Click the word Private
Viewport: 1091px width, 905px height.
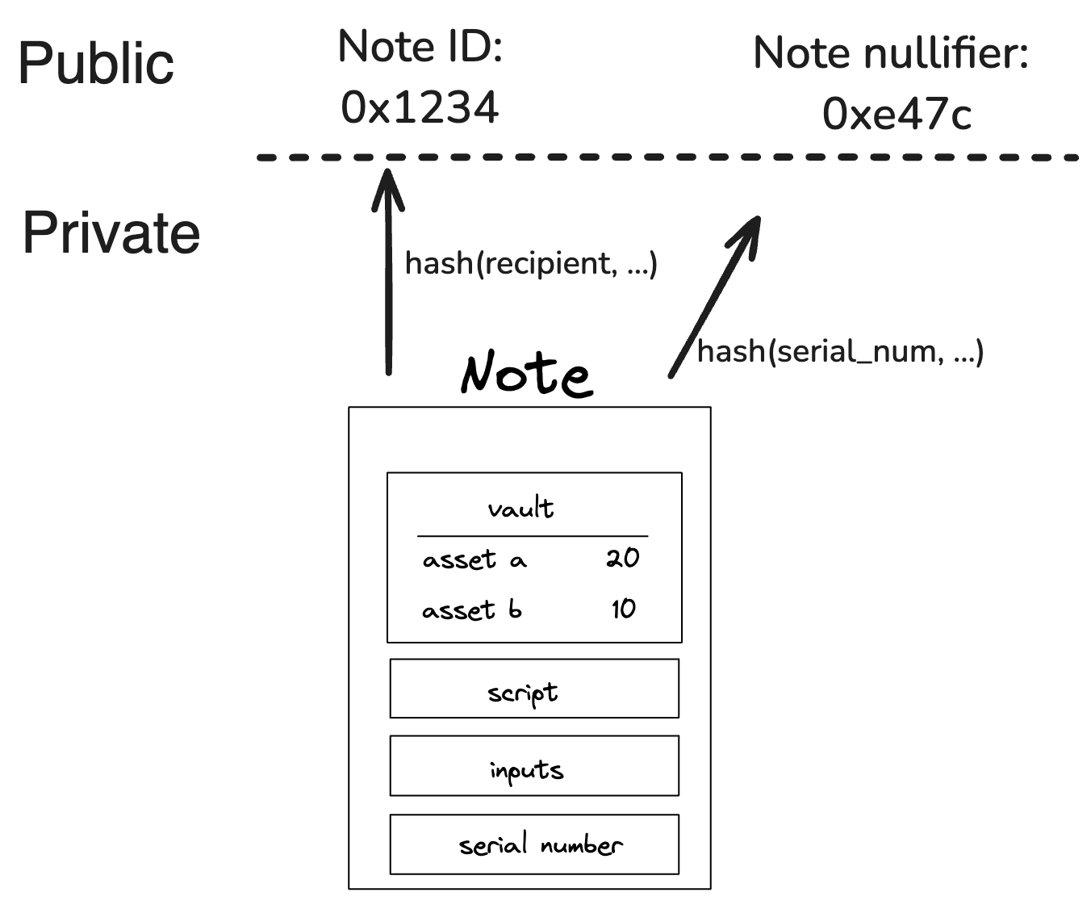pos(111,233)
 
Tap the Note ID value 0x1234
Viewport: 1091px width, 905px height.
pos(420,107)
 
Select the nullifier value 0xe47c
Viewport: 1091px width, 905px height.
pos(896,114)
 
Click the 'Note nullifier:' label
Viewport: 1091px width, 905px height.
pos(890,54)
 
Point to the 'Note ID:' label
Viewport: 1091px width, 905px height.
pos(420,46)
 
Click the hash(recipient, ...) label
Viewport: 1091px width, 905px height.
pos(531,263)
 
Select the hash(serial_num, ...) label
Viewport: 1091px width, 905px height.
pos(839,351)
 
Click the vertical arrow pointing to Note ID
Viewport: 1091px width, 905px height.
pos(388,274)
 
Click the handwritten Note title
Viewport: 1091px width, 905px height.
pos(526,374)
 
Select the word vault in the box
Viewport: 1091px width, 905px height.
pos(520,509)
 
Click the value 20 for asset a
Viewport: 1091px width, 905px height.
pos(622,557)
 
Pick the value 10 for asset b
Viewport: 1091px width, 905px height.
pos(623,608)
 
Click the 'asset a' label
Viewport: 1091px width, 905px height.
pos(474,559)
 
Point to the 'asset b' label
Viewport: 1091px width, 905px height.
pos(471,610)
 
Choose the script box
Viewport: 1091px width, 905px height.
pos(534,689)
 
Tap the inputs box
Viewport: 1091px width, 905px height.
pos(534,765)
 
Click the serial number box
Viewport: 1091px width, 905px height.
pos(534,844)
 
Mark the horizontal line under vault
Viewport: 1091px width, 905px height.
pos(533,536)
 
